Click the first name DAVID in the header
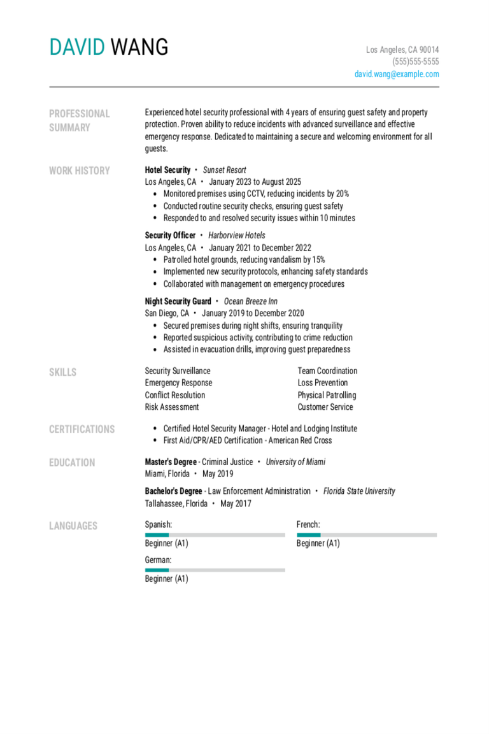tap(76, 47)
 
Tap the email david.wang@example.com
tap(397, 75)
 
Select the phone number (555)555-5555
tap(415, 62)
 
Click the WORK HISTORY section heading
tap(79, 171)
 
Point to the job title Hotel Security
tap(167, 170)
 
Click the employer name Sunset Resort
tap(224, 170)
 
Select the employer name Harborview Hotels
tap(236, 236)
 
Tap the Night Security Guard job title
tap(178, 301)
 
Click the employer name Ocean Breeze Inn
tap(250, 301)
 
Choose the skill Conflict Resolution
tap(174, 395)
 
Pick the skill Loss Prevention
tap(322, 383)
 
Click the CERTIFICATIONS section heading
tap(81, 429)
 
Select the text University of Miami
tap(295, 462)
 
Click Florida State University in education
tap(359, 491)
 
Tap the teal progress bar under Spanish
tap(157, 535)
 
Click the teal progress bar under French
tap(308, 535)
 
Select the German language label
tap(158, 559)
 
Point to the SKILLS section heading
tap(62, 372)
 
